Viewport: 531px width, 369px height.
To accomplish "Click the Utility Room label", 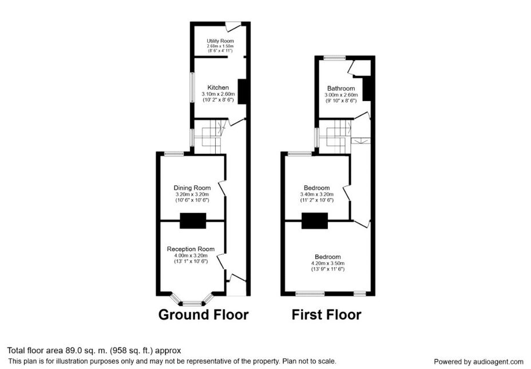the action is pos(220,41).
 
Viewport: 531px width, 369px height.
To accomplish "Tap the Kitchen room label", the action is pos(218,87).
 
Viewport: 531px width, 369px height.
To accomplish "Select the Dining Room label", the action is pos(192,188).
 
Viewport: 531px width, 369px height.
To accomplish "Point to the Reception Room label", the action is pos(191,249).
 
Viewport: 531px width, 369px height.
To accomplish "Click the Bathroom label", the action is pos(341,89).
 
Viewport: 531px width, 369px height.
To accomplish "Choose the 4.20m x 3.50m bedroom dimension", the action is pos(327,263).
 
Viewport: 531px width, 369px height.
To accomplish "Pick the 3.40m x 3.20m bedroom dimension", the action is pos(316,194).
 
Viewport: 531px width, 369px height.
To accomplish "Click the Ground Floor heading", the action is pos(203,315).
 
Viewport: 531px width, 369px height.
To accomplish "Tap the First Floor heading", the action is pos(327,315).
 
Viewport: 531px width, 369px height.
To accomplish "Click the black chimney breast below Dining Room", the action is pos(193,220).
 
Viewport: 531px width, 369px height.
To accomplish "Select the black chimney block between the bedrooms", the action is pos(315,220).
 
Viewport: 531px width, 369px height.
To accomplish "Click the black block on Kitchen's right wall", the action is pos(243,91).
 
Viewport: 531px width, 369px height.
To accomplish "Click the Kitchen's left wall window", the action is pos(192,87).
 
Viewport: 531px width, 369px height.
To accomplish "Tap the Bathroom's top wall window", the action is pos(335,58).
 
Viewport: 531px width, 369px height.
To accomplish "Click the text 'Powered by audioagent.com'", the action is pos(478,362).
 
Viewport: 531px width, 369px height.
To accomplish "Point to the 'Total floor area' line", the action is pos(94,350).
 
